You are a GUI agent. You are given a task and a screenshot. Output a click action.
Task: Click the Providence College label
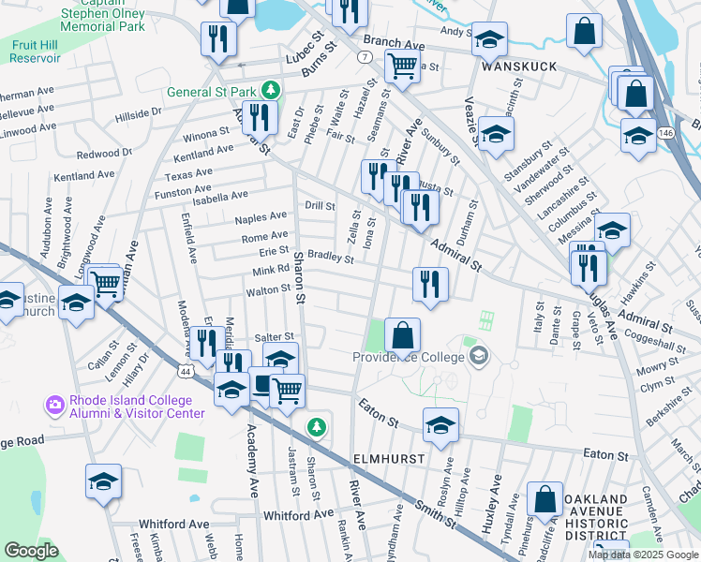pyautogui.click(x=410, y=357)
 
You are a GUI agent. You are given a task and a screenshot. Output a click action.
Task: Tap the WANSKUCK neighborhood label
pyautogui.click(x=519, y=67)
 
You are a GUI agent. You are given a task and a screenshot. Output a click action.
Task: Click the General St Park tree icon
pyautogui.click(x=271, y=90)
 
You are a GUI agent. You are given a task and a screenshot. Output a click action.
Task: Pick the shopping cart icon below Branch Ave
pyautogui.click(x=402, y=67)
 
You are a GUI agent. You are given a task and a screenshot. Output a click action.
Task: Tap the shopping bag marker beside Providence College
pyautogui.click(x=402, y=333)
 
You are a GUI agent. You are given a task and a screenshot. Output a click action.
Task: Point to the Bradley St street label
pyautogui.click(x=330, y=257)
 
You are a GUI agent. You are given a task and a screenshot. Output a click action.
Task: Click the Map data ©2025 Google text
pyautogui.click(x=642, y=555)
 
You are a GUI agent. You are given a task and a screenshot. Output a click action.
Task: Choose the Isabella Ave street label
pyautogui.click(x=219, y=195)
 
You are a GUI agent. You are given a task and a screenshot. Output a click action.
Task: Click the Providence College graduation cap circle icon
pyautogui.click(x=479, y=355)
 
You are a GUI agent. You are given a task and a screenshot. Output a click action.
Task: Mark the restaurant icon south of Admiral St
pyautogui.click(x=430, y=283)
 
